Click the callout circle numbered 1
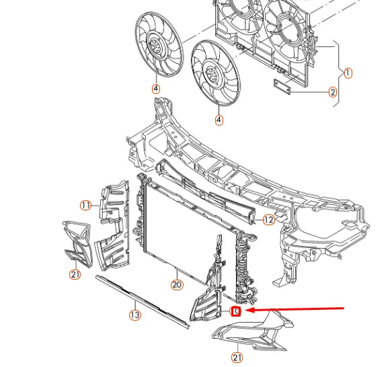pyautogui.click(x=348, y=73)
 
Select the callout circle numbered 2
pyautogui.click(x=333, y=93)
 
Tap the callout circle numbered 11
pyautogui.click(x=85, y=205)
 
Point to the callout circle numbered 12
pyautogui.click(x=268, y=219)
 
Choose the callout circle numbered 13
pyautogui.click(x=134, y=314)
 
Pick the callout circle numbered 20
pyautogui.click(x=177, y=285)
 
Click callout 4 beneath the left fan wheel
pyautogui.click(x=155, y=88)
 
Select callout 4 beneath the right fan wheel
pyautogui.click(x=219, y=120)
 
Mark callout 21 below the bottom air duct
pyautogui.click(x=237, y=357)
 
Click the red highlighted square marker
pyautogui.click(x=235, y=311)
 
